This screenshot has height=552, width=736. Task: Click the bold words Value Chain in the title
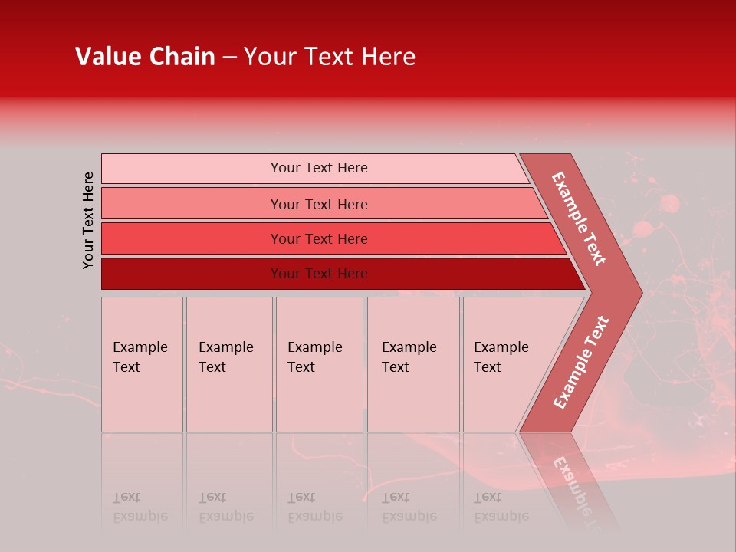145,57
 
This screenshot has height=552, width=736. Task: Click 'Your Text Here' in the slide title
330,57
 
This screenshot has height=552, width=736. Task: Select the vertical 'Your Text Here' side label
88,220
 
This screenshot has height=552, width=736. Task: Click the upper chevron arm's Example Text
579,219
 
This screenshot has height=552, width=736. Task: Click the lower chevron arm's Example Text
580,362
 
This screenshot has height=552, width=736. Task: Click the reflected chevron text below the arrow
575,491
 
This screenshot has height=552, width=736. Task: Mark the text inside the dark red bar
319,274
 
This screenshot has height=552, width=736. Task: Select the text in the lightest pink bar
319,168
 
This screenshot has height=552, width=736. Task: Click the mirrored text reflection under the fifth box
501,507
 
